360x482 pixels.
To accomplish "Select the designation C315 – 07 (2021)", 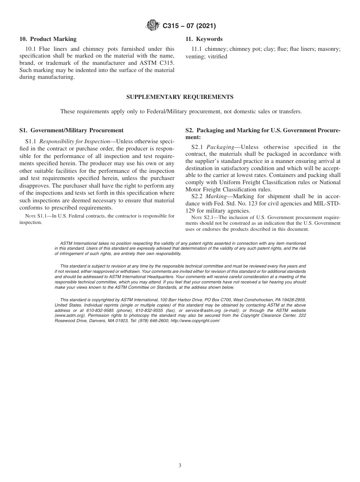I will coord(189,26).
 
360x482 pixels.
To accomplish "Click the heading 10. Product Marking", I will coord(48,39).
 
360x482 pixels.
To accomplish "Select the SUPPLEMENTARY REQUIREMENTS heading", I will coord(180,97).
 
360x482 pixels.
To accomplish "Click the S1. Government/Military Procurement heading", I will coord(71,130).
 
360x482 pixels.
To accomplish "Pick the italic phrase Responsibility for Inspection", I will coord(75,141).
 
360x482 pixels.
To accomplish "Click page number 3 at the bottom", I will coord(180,466).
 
